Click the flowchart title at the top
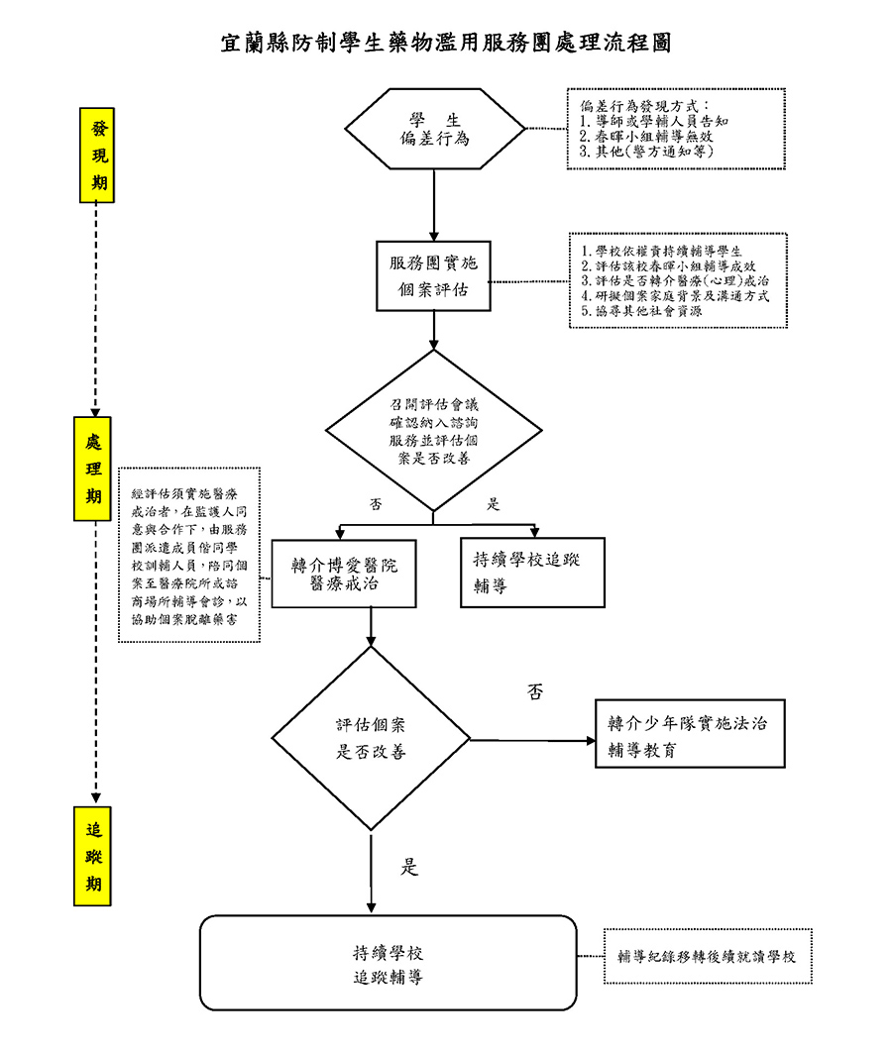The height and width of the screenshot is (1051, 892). point(446,44)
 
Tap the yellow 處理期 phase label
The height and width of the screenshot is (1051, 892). point(93,469)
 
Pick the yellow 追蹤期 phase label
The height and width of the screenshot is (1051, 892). point(93,856)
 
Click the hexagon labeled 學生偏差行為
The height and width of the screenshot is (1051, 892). point(434,130)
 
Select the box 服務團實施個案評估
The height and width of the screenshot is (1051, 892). point(433,276)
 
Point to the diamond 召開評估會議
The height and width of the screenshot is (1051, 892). point(434,431)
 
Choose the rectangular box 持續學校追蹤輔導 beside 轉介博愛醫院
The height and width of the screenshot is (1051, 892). point(532,573)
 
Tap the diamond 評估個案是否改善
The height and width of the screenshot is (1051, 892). point(372,739)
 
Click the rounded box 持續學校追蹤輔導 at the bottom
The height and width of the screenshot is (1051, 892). point(389,963)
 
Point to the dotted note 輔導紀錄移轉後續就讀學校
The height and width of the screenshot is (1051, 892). point(708,957)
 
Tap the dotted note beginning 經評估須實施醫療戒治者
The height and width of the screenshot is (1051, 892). point(189,555)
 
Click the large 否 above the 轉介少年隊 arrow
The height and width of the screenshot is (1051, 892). point(535,692)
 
